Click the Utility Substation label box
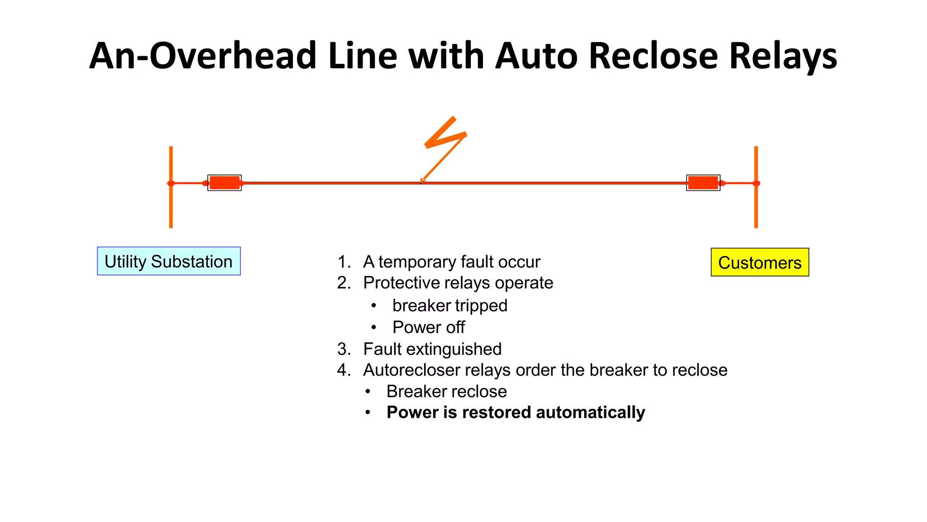pyautogui.click(x=168, y=261)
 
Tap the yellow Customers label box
pyautogui.click(x=760, y=262)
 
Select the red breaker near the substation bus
pyautogui.click(x=225, y=183)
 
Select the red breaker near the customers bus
pyautogui.click(x=703, y=183)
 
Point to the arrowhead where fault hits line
pyautogui.click(x=423, y=180)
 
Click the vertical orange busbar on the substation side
pyautogui.click(x=171, y=204)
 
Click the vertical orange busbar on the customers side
pyautogui.click(x=756, y=204)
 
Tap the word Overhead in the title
pyautogui.click(x=233, y=56)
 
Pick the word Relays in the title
pyautogui.click(x=783, y=56)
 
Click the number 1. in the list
pyautogui.click(x=344, y=262)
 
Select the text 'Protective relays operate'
pyautogui.click(x=458, y=283)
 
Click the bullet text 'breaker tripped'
pyautogui.click(x=449, y=305)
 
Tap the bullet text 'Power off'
pyautogui.click(x=428, y=327)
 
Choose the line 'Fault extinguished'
pyautogui.click(x=432, y=349)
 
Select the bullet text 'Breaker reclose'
pyautogui.click(x=446, y=391)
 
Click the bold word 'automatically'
pyautogui.click(x=590, y=413)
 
